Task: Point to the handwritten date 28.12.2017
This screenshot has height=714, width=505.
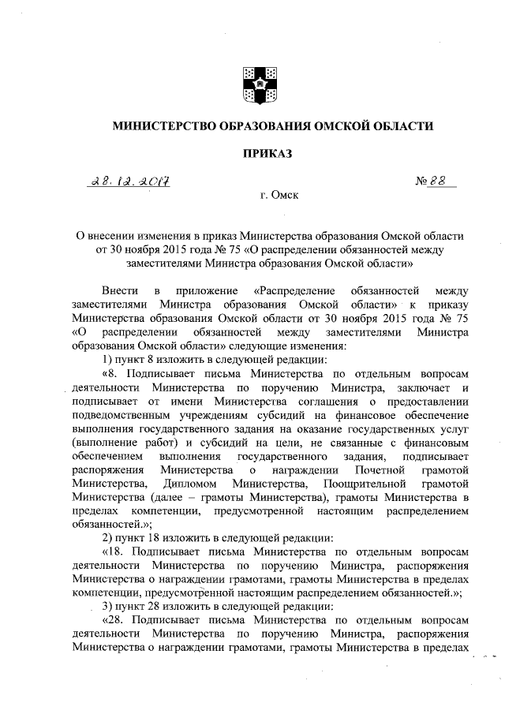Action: click(131, 181)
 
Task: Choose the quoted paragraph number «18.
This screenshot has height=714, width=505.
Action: click(115, 551)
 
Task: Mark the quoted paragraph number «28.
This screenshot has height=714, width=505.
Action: click(115, 620)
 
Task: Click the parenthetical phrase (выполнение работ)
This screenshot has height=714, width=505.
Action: click(114, 443)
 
